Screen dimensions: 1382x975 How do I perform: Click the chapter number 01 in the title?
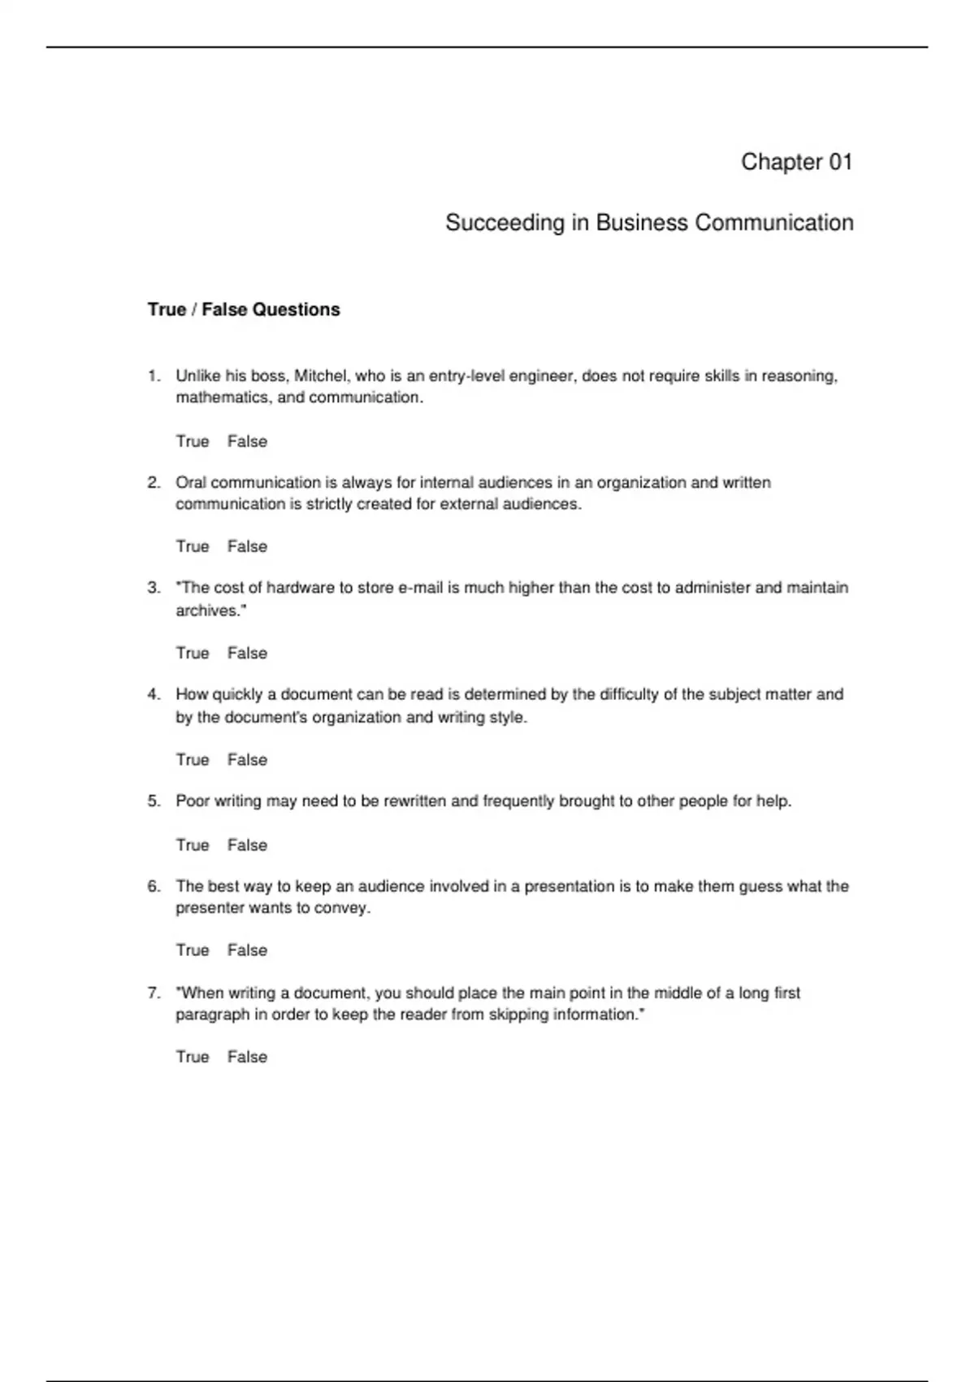tap(840, 162)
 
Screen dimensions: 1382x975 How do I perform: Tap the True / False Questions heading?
tap(244, 310)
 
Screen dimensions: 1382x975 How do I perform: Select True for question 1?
tap(193, 441)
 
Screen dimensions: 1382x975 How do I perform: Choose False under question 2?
tap(247, 546)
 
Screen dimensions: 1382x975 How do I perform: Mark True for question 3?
tap(193, 653)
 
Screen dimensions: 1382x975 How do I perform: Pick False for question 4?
tap(247, 759)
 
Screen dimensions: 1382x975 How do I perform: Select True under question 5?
tap(193, 845)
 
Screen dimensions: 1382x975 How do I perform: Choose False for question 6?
tap(247, 950)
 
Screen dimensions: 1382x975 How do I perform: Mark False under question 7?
tap(247, 1057)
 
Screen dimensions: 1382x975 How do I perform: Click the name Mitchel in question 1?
tap(320, 376)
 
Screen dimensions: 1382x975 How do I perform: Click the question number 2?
tap(154, 483)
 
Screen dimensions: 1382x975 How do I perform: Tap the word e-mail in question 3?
tap(420, 588)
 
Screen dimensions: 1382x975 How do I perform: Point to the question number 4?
tap(154, 695)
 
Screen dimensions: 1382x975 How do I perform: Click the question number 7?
tap(154, 993)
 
